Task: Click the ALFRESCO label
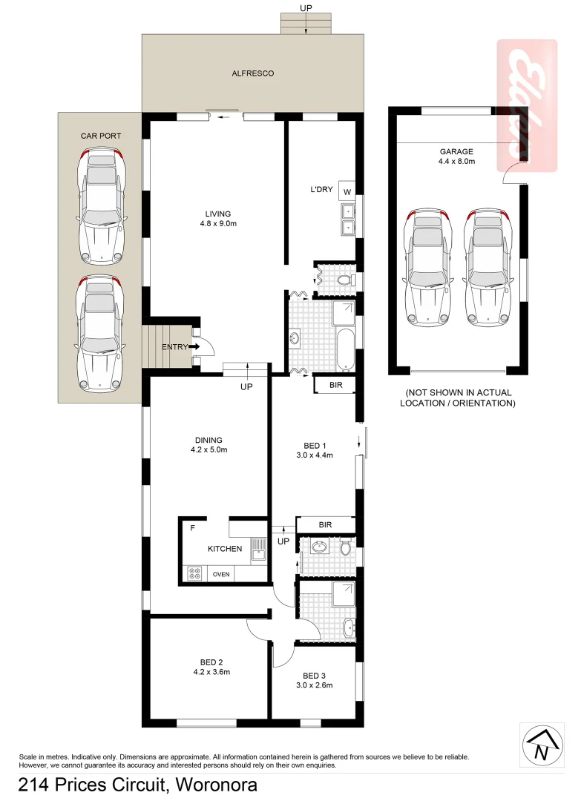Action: coord(253,73)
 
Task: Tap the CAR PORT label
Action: coord(100,136)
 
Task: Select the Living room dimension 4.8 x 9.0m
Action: coord(217,223)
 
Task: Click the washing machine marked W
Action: coord(347,191)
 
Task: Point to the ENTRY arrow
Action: coord(195,346)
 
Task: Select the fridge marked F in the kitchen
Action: coord(192,529)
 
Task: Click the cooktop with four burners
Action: coord(196,573)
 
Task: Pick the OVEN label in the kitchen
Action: coord(221,574)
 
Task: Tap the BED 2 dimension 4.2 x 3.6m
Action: coord(211,673)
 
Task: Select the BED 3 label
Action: coord(314,675)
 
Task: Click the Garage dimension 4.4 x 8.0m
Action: coord(456,161)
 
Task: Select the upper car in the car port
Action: coord(99,205)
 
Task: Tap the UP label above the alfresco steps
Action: coord(305,7)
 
